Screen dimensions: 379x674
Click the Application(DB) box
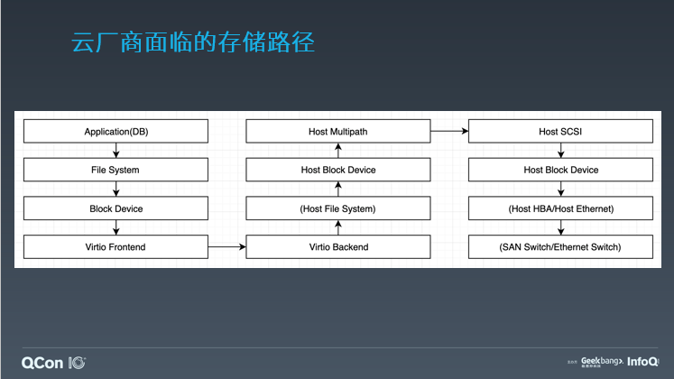coord(115,132)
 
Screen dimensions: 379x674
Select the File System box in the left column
coord(115,170)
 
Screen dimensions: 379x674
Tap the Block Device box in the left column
coord(115,208)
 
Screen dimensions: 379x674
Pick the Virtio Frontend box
coord(115,246)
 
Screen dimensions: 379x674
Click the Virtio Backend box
coord(337,246)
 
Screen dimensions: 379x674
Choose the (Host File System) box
coord(337,208)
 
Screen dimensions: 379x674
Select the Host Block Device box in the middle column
coord(337,170)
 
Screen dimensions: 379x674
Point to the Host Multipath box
coord(337,132)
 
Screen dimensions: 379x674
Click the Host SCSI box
coord(560,132)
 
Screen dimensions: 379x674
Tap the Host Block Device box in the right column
coord(560,170)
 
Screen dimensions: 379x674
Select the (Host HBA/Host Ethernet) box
coord(560,208)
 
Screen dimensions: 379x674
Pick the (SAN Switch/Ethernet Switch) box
coord(560,246)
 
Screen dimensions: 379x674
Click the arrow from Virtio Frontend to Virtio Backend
coord(226,246)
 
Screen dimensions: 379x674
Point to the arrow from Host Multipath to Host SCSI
coord(449,132)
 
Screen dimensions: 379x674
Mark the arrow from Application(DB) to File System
coord(115,151)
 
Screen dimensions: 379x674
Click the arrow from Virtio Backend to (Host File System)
coord(337,227)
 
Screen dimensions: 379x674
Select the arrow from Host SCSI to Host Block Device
coord(560,151)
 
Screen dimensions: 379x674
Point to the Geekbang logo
coord(601,361)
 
